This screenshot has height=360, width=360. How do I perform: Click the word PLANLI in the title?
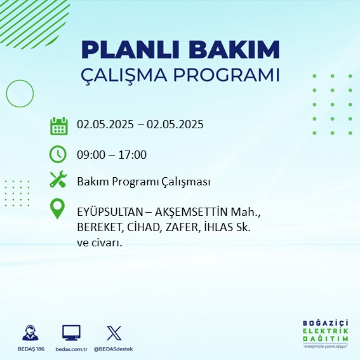pos(130,50)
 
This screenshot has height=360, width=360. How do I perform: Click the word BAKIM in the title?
pos(234,50)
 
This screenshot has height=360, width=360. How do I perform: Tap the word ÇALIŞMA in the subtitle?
pos(124,75)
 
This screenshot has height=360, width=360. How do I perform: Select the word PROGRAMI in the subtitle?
pos(227,75)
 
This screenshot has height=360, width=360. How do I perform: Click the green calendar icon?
pos(59,126)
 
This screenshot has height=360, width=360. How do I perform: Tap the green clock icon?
pos(58,154)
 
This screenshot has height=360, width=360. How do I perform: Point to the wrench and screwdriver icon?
pos(58,179)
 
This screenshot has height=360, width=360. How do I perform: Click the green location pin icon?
pos(57,208)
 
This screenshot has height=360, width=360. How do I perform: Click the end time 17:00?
pos(133,155)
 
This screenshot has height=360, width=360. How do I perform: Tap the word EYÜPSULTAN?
pos(110,212)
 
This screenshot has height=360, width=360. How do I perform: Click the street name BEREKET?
pos(99,227)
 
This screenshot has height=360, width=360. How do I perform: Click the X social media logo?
pos(114,333)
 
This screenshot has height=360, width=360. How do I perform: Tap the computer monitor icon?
pos(71,333)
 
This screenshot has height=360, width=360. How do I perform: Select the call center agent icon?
pos(30,333)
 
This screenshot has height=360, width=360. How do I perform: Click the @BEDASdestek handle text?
pos(113,349)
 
